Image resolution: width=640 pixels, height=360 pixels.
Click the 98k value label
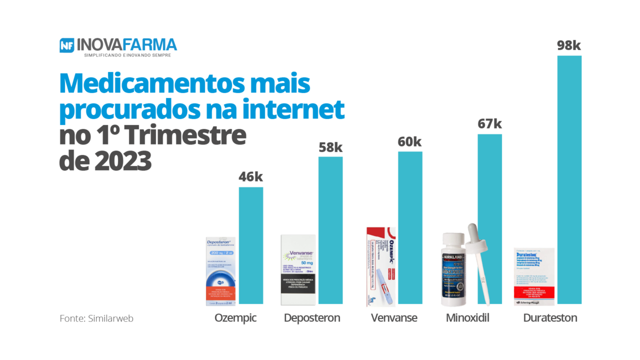coord(569,45)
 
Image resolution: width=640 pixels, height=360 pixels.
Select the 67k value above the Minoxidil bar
coord(489,123)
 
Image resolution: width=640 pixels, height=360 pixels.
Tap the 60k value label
coord(409,141)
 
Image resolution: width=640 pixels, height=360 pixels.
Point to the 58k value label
coord(330,147)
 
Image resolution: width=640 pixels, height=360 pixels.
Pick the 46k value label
coord(250,177)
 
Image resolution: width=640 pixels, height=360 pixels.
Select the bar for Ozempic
coord(251,245)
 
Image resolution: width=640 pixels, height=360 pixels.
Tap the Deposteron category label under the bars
coord(312,318)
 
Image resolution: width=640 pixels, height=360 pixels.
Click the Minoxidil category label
coord(467,318)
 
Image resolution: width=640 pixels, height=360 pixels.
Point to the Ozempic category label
coord(235,318)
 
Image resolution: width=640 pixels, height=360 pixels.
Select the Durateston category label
coord(550,318)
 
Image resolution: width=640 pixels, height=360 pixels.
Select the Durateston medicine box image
coord(534,276)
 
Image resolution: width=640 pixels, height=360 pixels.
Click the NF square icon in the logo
coord(67,45)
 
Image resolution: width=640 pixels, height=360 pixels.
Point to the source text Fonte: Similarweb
coord(96,318)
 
